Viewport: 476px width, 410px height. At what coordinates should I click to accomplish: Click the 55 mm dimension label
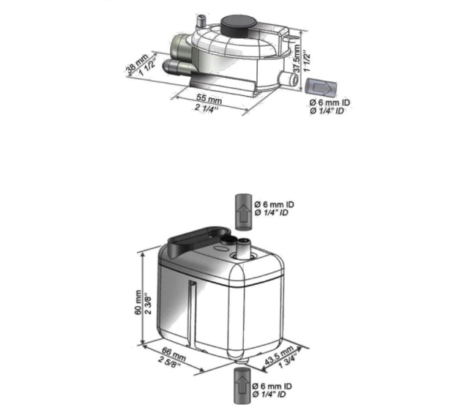[209, 99]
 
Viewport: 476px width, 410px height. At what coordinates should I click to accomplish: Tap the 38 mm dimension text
[137, 64]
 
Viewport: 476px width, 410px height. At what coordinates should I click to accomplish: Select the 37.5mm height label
[297, 59]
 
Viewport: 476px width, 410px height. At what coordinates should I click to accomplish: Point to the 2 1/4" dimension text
[207, 108]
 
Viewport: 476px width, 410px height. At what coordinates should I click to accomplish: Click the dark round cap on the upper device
[239, 24]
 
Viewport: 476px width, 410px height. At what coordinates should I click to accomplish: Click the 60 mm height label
[138, 302]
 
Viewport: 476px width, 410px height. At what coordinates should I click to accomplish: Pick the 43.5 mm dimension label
[279, 355]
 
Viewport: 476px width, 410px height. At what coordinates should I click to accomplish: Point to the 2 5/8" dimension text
[170, 360]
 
